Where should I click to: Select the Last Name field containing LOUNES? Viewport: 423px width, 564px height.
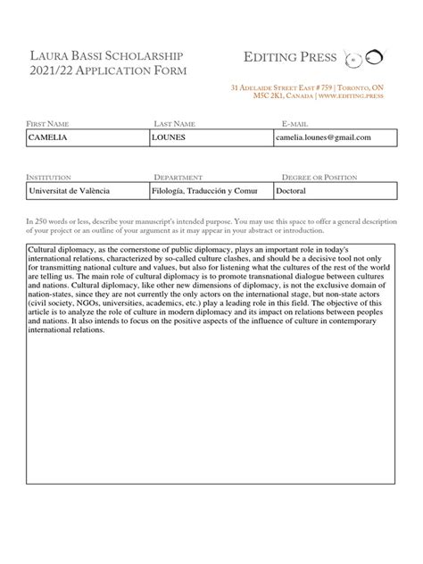tap(211, 137)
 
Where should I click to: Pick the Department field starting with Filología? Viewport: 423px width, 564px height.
tap(211, 191)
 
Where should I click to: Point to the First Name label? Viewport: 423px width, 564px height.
tap(48, 122)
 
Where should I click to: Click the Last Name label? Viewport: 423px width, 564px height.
tap(174, 122)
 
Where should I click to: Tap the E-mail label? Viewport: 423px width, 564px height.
tap(294, 122)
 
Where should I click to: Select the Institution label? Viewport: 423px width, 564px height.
tap(49, 177)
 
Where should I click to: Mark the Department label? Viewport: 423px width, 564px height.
tap(178, 177)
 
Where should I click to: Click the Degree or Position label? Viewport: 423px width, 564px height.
tap(320, 177)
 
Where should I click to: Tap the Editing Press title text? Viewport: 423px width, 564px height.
tap(290, 58)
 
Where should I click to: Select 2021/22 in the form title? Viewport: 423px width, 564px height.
tap(54, 71)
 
